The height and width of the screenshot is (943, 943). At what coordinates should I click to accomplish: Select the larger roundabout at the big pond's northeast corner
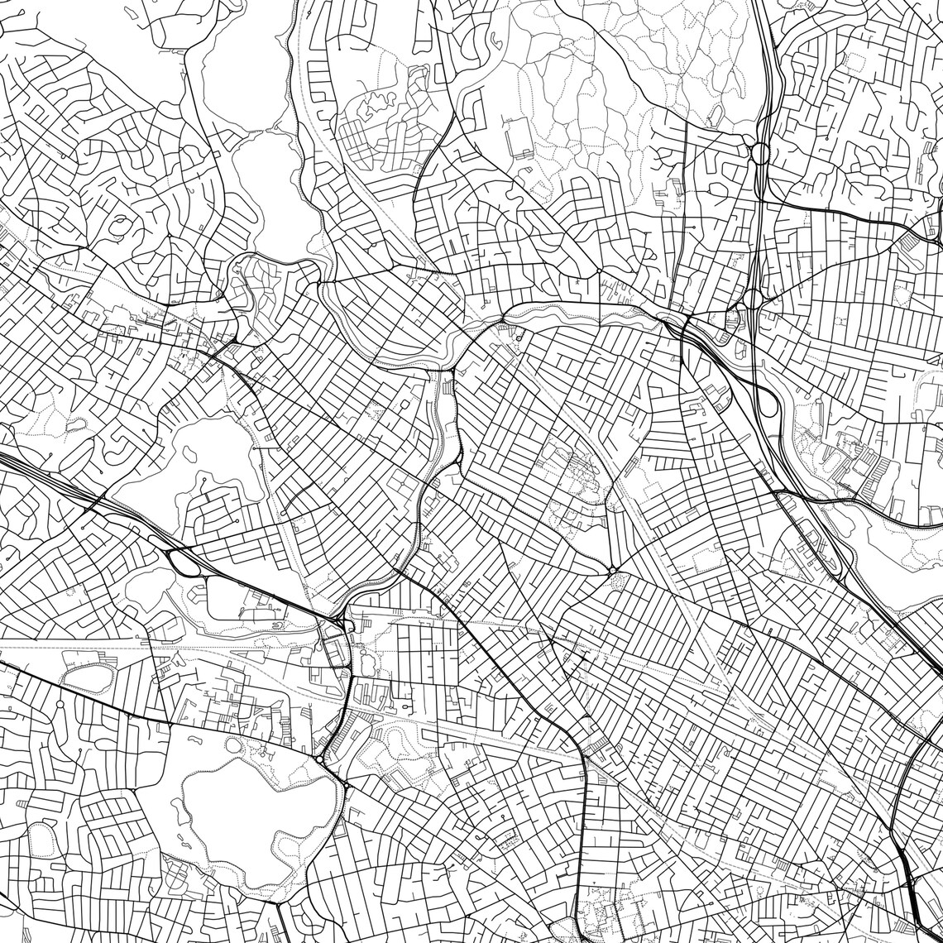click(319, 759)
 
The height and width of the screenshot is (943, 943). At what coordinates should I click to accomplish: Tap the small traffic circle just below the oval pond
click(60, 704)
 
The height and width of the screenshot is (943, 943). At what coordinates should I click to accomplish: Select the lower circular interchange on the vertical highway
click(752, 298)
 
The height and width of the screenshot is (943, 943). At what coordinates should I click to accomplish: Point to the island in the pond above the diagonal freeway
click(190, 454)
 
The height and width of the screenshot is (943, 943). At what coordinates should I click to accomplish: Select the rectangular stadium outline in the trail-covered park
click(519, 137)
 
